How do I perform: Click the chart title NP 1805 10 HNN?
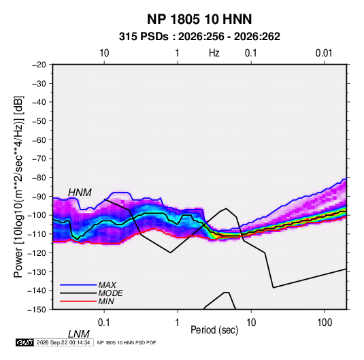point(199,19)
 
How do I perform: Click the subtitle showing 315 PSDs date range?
point(199,37)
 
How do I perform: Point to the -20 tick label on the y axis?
point(39,65)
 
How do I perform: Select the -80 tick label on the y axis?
point(39,178)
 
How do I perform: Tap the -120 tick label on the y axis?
point(37,252)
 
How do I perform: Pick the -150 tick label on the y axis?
point(37,310)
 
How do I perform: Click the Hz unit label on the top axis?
point(214,53)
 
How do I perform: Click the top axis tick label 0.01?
point(324,53)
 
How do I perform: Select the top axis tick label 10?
point(104,53)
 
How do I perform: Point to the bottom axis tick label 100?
point(325,323)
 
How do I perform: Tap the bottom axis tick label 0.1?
point(104,323)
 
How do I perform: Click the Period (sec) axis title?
point(214,330)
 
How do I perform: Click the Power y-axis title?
point(18,187)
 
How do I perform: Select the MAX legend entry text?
point(107,285)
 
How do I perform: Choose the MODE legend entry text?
point(110,293)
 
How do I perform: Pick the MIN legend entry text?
point(106,301)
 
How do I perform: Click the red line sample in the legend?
point(78,301)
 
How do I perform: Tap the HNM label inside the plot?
point(80,193)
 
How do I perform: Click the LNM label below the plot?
point(78,334)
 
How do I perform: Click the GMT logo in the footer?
point(24,342)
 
